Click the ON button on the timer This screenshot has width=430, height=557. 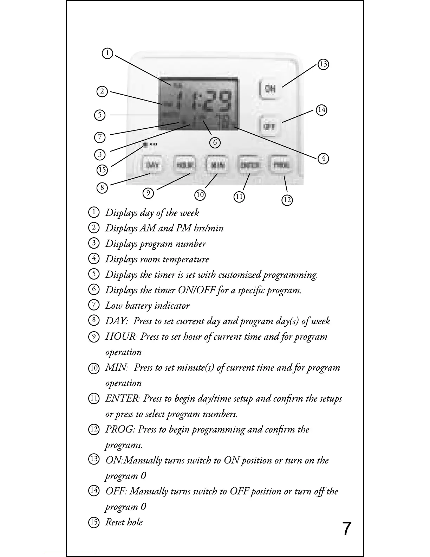pyautogui.click(x=270, y=89)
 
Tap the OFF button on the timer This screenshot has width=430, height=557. pyautogui.click(x=269, y=126)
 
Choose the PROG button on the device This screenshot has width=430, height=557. pyautogui.click(x=281, y=165)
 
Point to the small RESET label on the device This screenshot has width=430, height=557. pyautogui.click(x=154, y=144)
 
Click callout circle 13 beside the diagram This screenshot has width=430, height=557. pyautogui.click(x=323, y=64)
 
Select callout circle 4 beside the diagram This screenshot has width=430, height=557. pyautogui.click(x=323, y=158)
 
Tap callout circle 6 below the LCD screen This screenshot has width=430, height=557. pyautogui.click(x=215, y=142)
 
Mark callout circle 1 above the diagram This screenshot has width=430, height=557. pyautogui.click(x=107, y=53)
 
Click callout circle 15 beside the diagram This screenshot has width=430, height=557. pyautogui.click(x=102, y=170)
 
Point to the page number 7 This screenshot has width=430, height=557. pyautogui.click(x=346, y=529)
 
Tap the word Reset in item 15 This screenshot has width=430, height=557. pyautogui.click(x=115, y=522)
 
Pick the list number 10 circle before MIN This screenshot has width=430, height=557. pyautogui.click(x=93, y=368)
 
